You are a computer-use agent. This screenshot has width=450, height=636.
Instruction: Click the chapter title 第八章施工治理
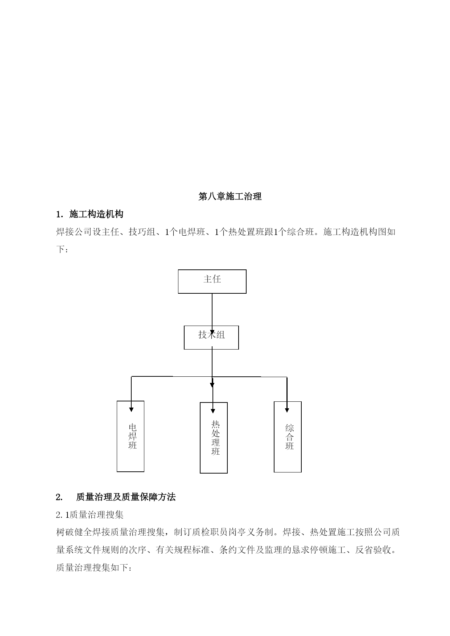(230, 197)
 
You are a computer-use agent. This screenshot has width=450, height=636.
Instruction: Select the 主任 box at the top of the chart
(212, 281)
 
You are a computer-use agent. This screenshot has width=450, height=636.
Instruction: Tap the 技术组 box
(211, 338)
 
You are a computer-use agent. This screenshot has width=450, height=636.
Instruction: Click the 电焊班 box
(131, 436)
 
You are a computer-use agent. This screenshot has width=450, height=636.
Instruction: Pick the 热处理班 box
(214, 438)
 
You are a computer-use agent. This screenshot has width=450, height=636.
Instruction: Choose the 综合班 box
(288, 437)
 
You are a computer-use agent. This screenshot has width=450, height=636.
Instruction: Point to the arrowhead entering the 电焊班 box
(131, 409)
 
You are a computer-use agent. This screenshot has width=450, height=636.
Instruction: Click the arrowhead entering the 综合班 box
(287, 410)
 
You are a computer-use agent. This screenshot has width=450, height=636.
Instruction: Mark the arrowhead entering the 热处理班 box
(213, 411)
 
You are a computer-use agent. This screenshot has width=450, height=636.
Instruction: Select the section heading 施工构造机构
(96, 214)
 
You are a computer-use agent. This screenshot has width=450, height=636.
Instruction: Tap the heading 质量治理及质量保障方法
(126, 497)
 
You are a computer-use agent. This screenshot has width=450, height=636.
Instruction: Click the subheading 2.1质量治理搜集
(90, 515)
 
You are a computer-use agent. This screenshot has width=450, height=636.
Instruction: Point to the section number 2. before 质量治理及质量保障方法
(59, 497)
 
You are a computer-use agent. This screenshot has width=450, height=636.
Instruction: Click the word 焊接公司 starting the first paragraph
(74, 232)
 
